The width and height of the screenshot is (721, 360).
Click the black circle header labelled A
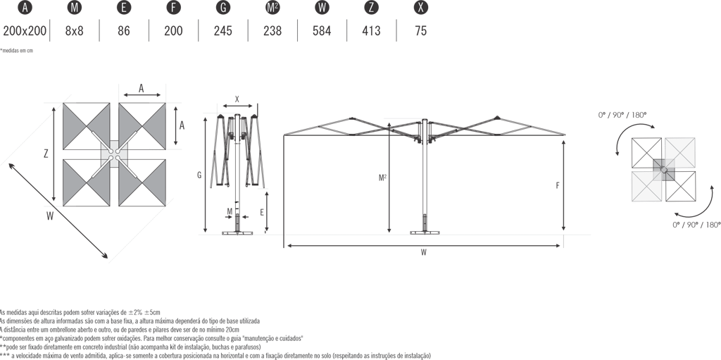25,7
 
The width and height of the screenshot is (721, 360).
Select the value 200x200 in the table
25,31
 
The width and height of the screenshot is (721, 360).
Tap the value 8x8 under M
74,31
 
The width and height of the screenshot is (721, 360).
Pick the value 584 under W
321,31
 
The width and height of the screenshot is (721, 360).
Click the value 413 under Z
371,31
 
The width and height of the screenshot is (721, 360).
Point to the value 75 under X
420,31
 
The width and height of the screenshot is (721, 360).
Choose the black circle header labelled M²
272,7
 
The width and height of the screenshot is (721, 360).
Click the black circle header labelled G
223,7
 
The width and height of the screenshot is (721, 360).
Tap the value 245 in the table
223,31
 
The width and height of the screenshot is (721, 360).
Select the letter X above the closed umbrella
237,99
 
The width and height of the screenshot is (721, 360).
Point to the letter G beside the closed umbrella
199,175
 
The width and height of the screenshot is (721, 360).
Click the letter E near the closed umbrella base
262,212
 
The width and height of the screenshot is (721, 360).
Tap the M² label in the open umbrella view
382,178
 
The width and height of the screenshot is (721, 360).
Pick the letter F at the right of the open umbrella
558,185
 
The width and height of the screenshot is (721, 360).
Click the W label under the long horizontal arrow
423,252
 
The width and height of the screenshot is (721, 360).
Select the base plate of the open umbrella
425,232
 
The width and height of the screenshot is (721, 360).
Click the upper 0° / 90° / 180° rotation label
622,115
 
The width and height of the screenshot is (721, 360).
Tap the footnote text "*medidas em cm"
17,51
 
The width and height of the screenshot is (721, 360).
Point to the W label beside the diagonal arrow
50,216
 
